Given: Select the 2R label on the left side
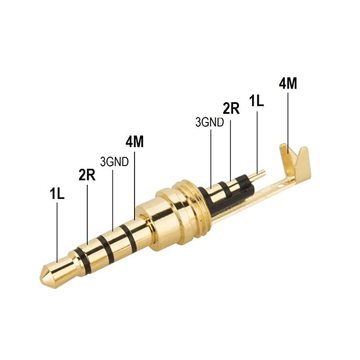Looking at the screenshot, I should [x=87, y=175].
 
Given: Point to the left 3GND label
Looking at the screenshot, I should [x=114, y=162].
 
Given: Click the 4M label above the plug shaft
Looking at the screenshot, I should [x=135, y=142].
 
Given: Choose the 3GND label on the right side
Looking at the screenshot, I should [x=209, y=122].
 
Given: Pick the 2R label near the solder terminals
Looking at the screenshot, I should [x=231, y=108].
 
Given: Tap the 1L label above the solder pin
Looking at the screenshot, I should [x=256, y=100].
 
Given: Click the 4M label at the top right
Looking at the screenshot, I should [x=288, y=84].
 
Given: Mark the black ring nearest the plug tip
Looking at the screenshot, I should [x=83, y=258].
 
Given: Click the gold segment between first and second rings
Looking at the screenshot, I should [x=94, y=252].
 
